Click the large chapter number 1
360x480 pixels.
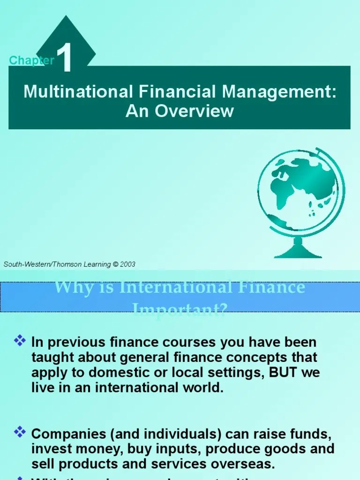click(66, 59)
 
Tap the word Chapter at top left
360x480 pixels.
click(31, 60)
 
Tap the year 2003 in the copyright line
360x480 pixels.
click(127, 264)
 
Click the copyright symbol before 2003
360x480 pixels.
click(115, 264)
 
